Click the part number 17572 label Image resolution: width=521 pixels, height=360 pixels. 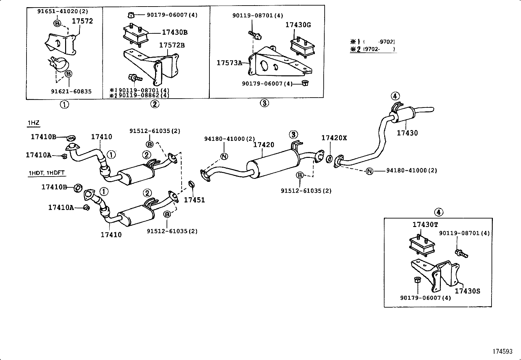coord(82,21)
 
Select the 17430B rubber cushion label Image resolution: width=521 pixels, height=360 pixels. coord(175,32)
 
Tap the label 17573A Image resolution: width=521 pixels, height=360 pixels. coord(229,63)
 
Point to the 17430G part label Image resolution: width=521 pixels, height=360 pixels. coord(298,25)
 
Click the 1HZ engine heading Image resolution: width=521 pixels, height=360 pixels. coord(33,123)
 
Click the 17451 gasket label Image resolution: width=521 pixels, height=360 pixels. coord(194,200)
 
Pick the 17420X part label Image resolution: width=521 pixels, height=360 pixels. coord(334,138)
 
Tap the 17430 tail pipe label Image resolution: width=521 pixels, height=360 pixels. coord(407,133)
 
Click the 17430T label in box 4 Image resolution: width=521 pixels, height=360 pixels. coord(425,224)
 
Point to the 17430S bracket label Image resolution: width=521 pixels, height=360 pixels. coord(467,291)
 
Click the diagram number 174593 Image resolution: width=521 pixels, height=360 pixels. coord(503,351)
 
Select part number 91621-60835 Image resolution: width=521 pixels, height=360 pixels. coord(71,92)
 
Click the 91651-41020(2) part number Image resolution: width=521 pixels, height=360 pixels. coord(63,11)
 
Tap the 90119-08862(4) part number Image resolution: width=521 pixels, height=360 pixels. coord(144,95)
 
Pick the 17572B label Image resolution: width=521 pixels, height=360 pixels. coord(172,45)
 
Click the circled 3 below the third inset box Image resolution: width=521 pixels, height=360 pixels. coord(264,103)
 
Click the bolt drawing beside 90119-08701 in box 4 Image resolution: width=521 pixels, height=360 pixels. coord(461,253)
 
